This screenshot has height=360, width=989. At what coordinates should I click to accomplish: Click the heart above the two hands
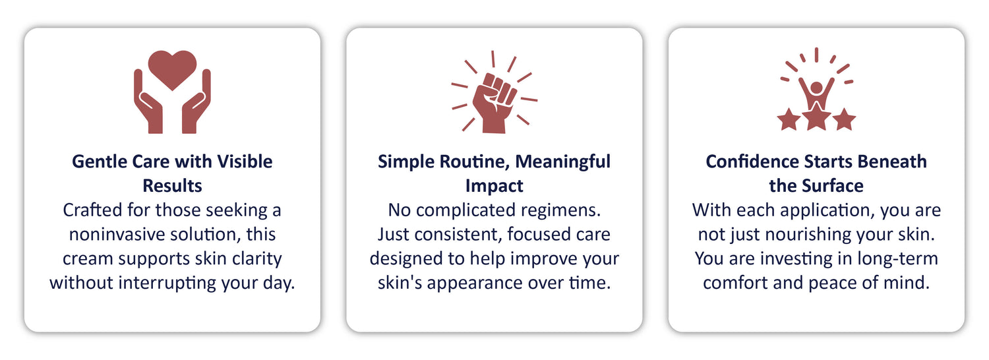[172, 69]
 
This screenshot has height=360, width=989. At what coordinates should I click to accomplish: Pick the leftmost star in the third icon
[789, 119]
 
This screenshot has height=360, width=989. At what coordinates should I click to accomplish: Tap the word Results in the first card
[172, 186]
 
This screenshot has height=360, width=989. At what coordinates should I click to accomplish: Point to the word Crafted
[93, 210]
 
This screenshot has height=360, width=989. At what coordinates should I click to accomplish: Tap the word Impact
[494, 187]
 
